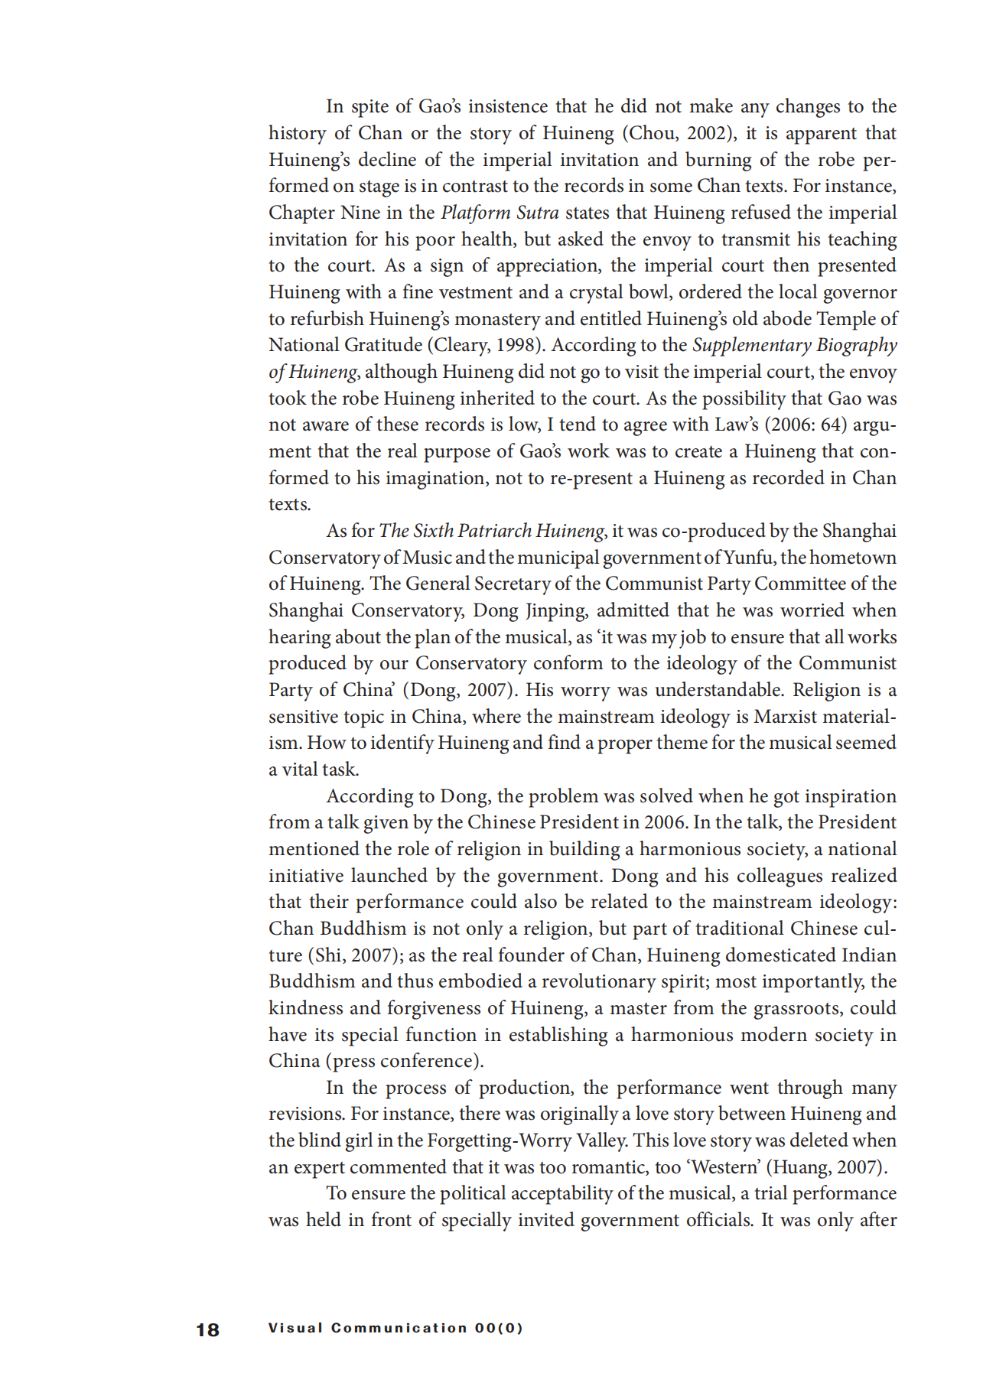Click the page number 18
pos(207,1330)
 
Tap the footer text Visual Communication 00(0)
pos(395,1328)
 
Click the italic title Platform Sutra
pos(500,213)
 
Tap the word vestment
pos(474,292)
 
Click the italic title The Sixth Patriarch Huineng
pos(492,531)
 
